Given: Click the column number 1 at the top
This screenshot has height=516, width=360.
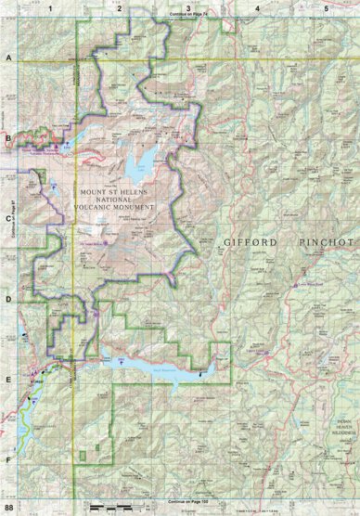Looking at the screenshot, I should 51,8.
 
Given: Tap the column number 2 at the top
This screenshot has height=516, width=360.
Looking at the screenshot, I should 120,8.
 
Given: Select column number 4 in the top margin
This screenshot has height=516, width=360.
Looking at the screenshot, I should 257,8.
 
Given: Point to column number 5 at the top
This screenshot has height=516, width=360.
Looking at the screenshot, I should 326,8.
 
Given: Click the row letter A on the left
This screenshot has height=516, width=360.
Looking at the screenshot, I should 8,58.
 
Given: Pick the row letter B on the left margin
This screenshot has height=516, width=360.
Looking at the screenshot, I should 8,139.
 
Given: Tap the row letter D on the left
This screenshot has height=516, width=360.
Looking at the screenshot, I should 8,299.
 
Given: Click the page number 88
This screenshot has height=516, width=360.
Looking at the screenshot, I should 9,508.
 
